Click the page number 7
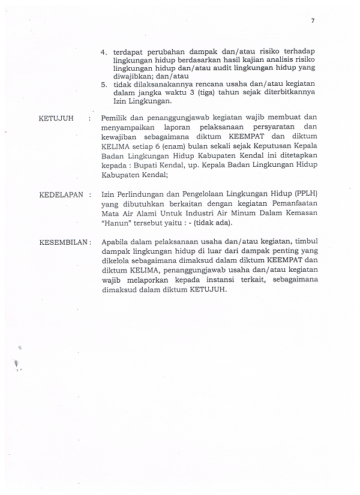coord(313,22)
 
